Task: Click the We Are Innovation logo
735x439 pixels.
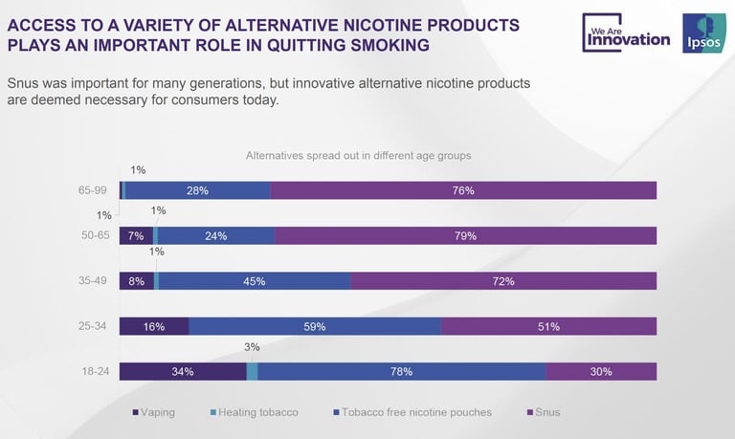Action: point(627,33)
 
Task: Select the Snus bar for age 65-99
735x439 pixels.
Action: point(463,190)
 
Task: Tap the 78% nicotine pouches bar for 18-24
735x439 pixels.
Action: point(401,372)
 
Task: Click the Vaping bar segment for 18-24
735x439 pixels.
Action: point(182,372)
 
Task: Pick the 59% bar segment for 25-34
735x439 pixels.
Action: point(315,326)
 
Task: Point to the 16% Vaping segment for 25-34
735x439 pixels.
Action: point(153,326)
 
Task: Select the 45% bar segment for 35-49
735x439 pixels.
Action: point(255,281)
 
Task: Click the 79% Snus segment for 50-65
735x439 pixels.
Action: point(465,235)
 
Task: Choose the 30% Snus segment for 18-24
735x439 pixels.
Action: point(601,372)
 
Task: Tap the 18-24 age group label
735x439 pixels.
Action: point(95,372)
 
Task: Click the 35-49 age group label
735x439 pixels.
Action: point(95,281)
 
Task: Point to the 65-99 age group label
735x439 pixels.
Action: point(95,190)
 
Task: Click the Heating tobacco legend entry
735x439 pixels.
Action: point(253,412)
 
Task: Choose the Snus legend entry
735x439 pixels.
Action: point(545,412)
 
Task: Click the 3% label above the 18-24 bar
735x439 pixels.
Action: point(253,348)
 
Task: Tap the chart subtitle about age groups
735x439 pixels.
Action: point(359,155)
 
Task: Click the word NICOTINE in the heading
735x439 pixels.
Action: point(378,23)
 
